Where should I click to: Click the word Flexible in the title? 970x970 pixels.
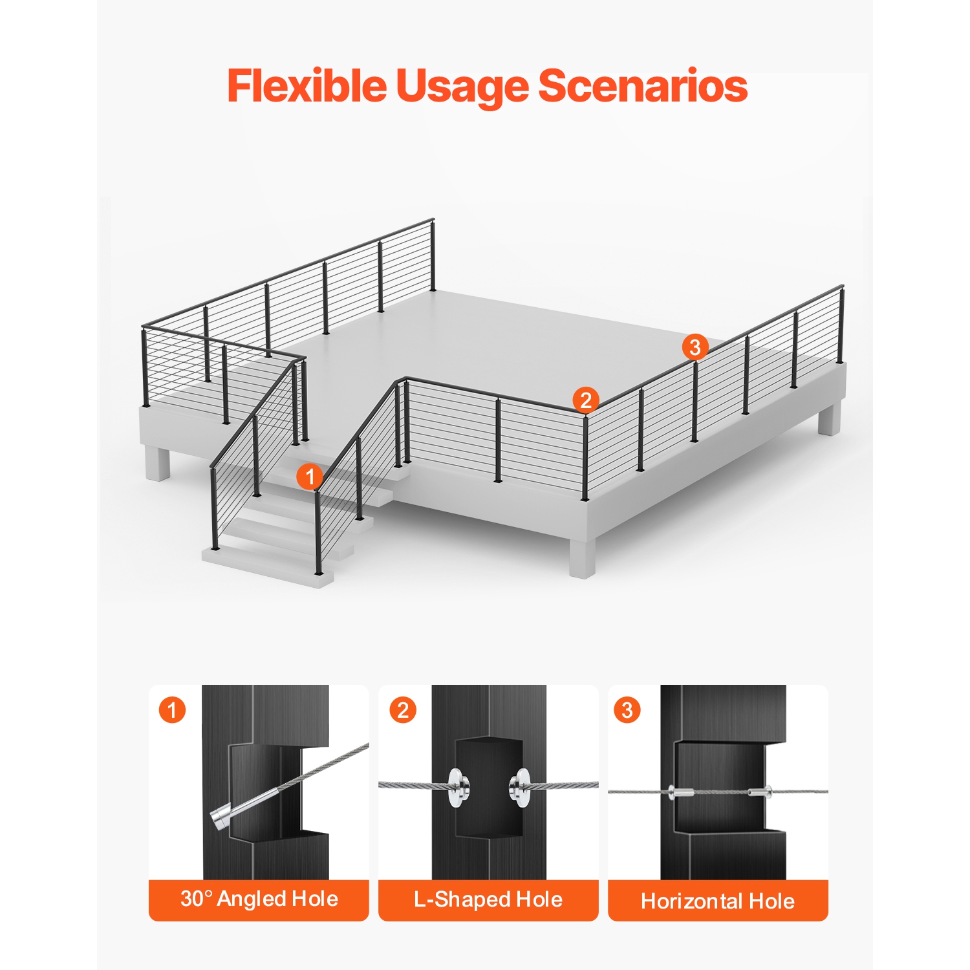[x=307, y=86]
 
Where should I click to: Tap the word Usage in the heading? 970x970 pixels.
[x=462, y=87]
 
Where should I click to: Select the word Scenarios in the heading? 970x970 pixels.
[x=643, y=86]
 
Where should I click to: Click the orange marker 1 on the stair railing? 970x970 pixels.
[x=310, y=477]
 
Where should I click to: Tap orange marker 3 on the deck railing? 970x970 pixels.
[x=695, y=347]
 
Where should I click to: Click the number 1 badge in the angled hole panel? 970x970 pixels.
[x=172, y=710]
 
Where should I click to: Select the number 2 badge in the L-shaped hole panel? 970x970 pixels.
[x=403, y=710]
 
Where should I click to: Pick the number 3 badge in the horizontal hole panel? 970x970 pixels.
[x=627, y=710]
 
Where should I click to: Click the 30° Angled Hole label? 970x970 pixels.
[x=259, y=899]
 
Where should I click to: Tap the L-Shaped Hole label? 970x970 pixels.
[x=488, y=900]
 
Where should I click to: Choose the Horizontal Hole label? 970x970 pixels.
[x=718, y=901]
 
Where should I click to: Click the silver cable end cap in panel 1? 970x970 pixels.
[x=221, y=818]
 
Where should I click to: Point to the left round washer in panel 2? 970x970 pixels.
[x=458, y=787]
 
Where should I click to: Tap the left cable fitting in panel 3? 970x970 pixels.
[x=680, y=792]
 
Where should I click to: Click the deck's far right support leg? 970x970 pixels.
[x=829, y=419]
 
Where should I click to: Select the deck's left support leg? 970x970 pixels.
[x=158, y=462]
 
